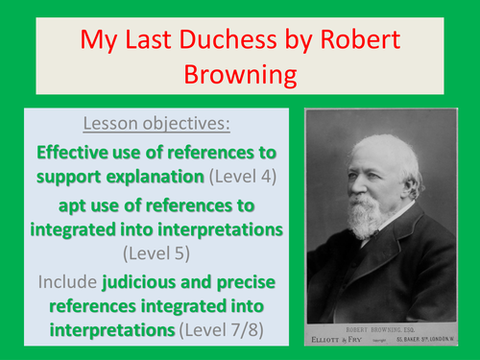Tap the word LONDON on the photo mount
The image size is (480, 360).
pos(434,339)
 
